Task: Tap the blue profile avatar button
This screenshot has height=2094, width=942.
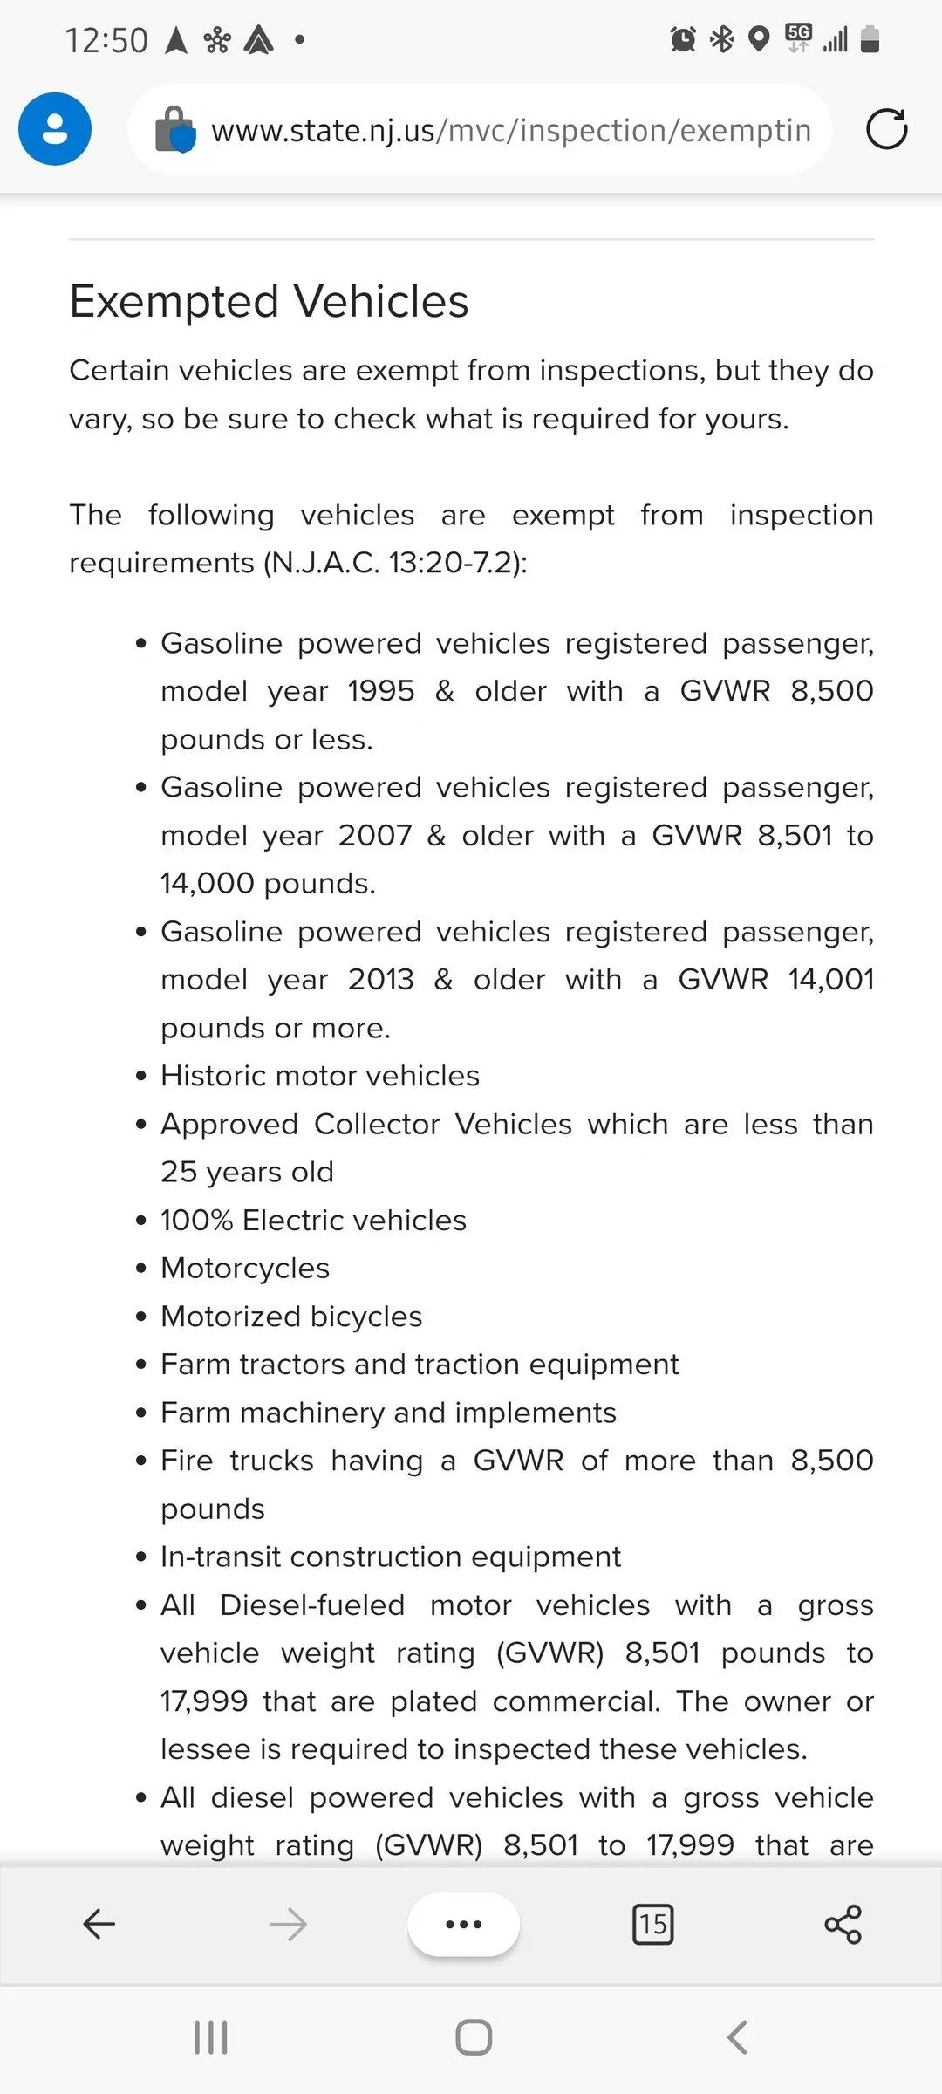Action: point(55,129)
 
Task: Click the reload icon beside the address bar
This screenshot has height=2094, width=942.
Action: point(886,129)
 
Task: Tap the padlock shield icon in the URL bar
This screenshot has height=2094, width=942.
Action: point(174,130)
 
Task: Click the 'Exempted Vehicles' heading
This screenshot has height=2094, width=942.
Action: point(269,302)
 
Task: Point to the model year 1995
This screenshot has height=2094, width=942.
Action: point(380,691)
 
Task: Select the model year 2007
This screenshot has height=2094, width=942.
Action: point(375,836)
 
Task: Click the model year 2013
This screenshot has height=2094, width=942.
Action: point(380,980)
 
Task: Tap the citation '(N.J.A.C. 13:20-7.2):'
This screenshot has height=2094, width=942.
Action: point(395,563)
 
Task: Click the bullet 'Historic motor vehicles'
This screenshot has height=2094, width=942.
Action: point(320,1076)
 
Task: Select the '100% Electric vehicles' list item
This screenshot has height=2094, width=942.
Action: point(313,1221)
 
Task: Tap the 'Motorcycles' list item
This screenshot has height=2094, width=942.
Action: point(245,1269)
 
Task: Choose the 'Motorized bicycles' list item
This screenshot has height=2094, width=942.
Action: point(291,1317)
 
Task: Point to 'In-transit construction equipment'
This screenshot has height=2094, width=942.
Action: point(390,1557)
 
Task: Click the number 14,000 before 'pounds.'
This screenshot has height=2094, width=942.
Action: point(208,884)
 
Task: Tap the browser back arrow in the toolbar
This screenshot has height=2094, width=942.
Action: point(99,1924)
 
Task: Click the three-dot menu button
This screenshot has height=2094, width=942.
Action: point(463,1924)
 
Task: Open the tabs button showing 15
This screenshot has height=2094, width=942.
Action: point(652,1924)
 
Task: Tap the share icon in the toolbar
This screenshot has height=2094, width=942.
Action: point(843,1924)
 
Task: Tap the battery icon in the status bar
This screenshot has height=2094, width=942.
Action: point(870,39)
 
